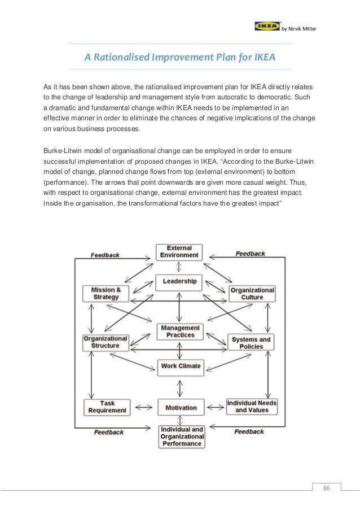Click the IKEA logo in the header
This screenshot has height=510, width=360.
pos(267,26)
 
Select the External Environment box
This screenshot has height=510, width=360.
pos(179,251)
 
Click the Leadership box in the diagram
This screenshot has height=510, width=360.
pos(179,281)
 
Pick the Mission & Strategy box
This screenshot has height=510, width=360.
pos(106,293)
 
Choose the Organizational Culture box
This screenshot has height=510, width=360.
pos(252,293)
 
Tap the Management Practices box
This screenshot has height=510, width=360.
pos(180,332)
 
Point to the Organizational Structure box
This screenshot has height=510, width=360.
pos(106,342)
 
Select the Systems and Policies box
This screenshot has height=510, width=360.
pos(252,342)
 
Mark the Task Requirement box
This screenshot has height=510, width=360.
pos(106,407)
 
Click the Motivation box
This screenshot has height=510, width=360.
pos(181,408)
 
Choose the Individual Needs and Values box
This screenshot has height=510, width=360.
pos(252,407)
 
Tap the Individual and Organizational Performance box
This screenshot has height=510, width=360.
pos(182,437)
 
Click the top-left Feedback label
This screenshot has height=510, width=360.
pos(105,255)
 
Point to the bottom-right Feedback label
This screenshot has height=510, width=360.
pos(249,432)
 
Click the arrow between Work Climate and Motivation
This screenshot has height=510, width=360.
pos(179,387)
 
